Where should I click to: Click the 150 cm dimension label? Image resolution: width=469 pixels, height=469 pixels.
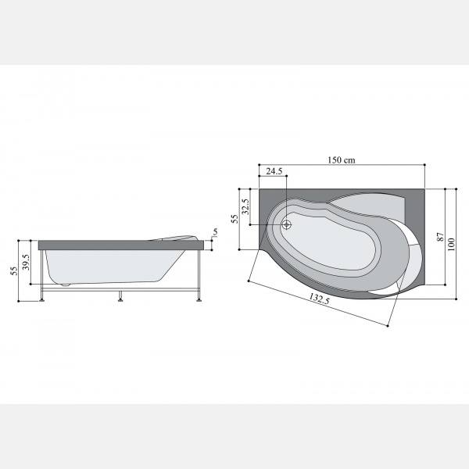[342, 160]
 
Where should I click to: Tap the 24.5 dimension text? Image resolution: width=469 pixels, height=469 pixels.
[274, 171]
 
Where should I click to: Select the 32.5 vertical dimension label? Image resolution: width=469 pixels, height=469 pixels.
[245, 206]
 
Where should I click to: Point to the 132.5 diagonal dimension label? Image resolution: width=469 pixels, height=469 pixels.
[320, 299]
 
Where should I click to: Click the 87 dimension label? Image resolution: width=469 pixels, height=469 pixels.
[440, 237]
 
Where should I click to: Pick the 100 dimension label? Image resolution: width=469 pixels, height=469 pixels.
[451, 245]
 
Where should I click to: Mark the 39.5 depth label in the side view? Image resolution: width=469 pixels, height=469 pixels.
[26, 262]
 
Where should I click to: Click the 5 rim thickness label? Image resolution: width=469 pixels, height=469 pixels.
[216, 232]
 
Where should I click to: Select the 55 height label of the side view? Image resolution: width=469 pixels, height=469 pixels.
[14, 270]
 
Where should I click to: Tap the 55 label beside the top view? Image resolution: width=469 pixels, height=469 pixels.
[234, 219]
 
